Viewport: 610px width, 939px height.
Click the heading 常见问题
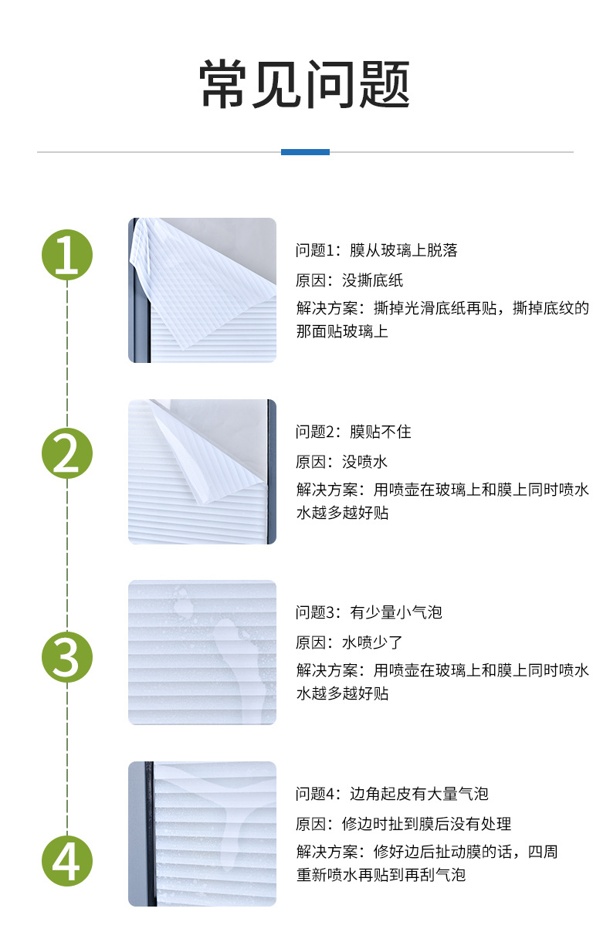tap(305, 84)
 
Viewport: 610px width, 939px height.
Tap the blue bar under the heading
tap(305, 152)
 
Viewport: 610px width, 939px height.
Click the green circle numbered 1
tap(66, 253)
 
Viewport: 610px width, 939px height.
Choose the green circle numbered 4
tap(66, 860)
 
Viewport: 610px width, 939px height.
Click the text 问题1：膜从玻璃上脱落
tap(377, 250)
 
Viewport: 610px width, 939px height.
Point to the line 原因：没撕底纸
tap(349, 280)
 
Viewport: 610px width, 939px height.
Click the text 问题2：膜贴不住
tap(353, 432)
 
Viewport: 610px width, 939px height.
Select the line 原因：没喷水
tap(341, 462)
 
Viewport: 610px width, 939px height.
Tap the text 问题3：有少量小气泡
tap(368, 612)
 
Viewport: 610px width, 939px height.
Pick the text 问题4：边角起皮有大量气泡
tap(391, 794)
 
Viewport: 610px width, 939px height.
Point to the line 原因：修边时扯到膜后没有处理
tap(403, 824)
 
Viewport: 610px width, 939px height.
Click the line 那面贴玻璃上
tap(341, 332)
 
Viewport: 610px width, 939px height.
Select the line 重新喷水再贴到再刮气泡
tap(381, 875)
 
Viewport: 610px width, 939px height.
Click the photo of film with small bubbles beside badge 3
tap(202, 653)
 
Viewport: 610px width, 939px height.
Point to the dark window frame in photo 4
tap(148, 834)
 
